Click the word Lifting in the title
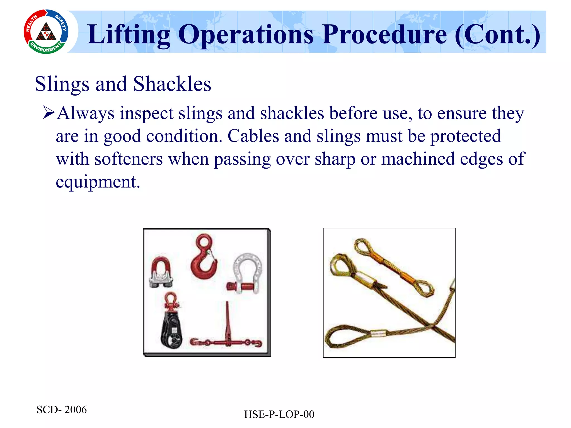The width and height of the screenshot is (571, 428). click(129, 35)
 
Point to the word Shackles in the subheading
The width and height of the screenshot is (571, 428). click(172, 84)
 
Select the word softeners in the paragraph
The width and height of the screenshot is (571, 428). click(128, 159)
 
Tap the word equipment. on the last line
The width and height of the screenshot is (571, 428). click(98, 182)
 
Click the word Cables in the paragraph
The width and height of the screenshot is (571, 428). click(253, 136)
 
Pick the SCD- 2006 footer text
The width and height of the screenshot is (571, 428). click(62, 410)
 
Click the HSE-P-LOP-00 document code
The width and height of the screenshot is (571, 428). click(279, 414)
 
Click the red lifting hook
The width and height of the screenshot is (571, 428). click(203, 258)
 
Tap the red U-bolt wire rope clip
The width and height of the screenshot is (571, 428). click(161, 272)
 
